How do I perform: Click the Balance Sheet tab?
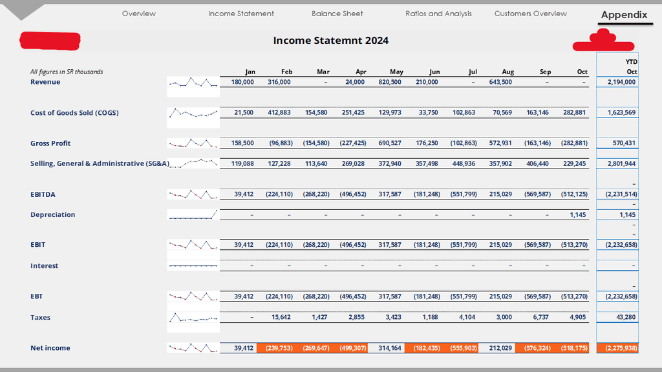tap(337, 14)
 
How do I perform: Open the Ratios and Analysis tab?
tap(438, 14)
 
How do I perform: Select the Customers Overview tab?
tap(530, 14)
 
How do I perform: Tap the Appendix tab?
tap(624, 15)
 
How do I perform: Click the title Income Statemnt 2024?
tap(331, 40)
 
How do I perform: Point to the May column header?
tap(396, 72)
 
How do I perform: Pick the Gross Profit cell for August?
tap(500, 143)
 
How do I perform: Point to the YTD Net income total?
tap(617, 348)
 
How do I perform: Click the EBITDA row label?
tap(43, 194)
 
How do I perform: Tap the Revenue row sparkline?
tap(193, 82)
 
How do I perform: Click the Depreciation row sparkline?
tap(193, 214)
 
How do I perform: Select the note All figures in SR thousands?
tap(67, 72)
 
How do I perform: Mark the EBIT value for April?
tap(353, 245)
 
